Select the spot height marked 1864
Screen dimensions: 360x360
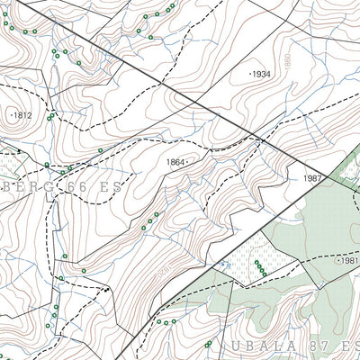click(x=175, y=162)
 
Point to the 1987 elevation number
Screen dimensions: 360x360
click(x=311, y=179)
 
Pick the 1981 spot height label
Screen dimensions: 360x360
click(x=349, y=260)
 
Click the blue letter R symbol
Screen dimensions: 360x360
click(x=225, y=264)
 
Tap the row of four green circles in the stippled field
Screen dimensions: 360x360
click(x=260, y=267)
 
